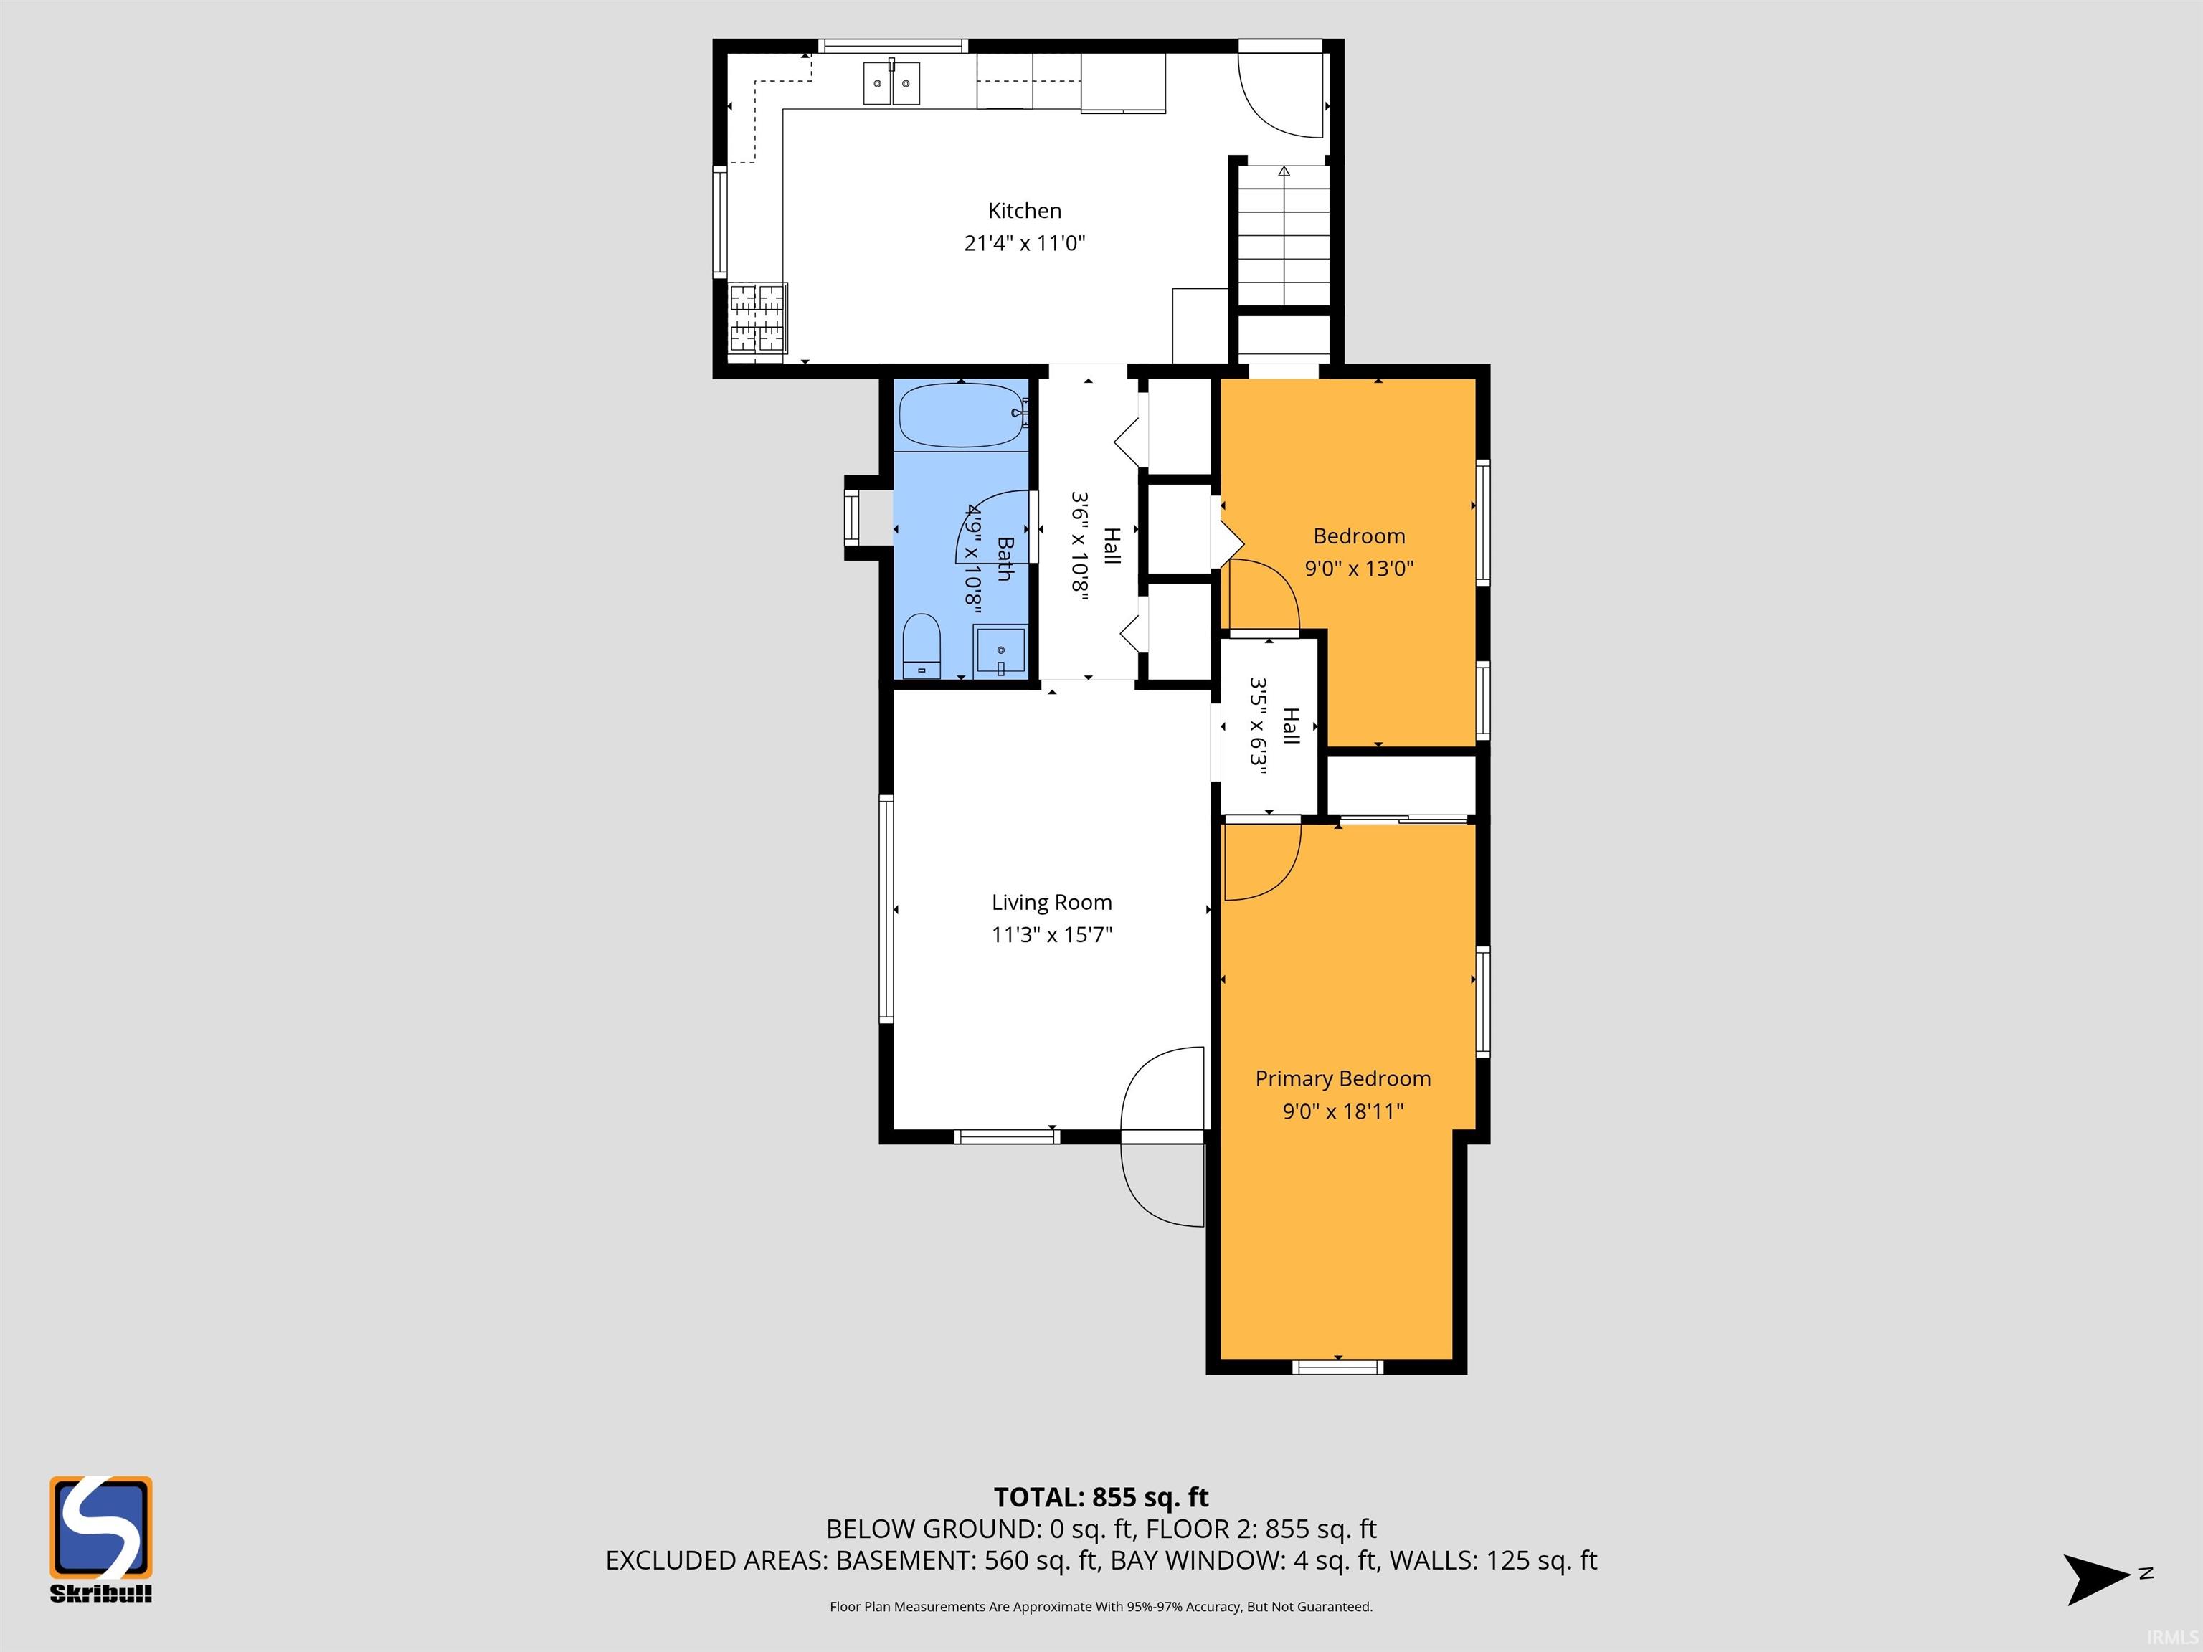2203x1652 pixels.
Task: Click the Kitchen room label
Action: pyautogui.click(x=1024, y=210)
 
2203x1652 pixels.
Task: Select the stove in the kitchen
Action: pyautogui.click(x=758, y=318)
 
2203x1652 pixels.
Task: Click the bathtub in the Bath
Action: pyautogui.click(x=962, y=415)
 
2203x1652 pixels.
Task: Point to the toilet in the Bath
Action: pyautogui.click(x=922, y=645)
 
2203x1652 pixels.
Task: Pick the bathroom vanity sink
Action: pyautogui.click(x=1000, y=651)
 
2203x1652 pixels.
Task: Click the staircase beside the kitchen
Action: pyautogui.click(x=1284, y=236)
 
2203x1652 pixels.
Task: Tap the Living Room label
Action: pyautogui.click(x=1052, y=902)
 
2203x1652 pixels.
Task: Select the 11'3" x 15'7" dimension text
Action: pyautogui.click(x=1052, y=934)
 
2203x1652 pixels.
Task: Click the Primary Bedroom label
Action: pyautogui.click(x=1342, y=1078)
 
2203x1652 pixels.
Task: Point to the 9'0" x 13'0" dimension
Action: pyautogui.click(x=1360, y=569)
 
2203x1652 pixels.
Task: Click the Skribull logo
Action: pyautogui.click(x=100, y=1539)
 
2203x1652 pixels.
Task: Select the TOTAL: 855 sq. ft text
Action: pyautogui.click(x=1101, y=1496)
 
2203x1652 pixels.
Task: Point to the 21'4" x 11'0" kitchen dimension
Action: pyautogui.click(x=1024, y=242)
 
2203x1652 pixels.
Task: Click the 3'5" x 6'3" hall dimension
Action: pyautogui.click(x=1259, y=726)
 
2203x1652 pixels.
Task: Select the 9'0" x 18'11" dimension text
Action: pyautogui.click(x=1342, y=1110)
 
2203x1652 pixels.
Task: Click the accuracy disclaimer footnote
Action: pyautogui.click(x=1101, y=1606)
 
